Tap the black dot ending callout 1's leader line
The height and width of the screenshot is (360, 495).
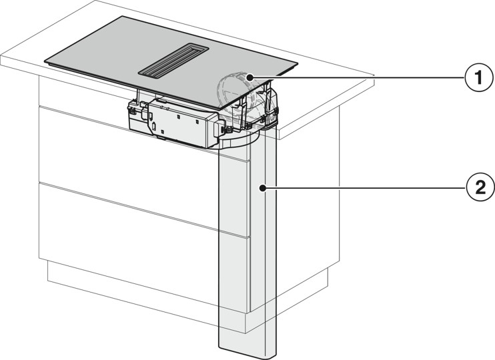[248, 77]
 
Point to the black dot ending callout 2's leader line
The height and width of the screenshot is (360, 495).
[264, 189]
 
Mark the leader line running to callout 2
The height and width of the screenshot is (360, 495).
[367, 189]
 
